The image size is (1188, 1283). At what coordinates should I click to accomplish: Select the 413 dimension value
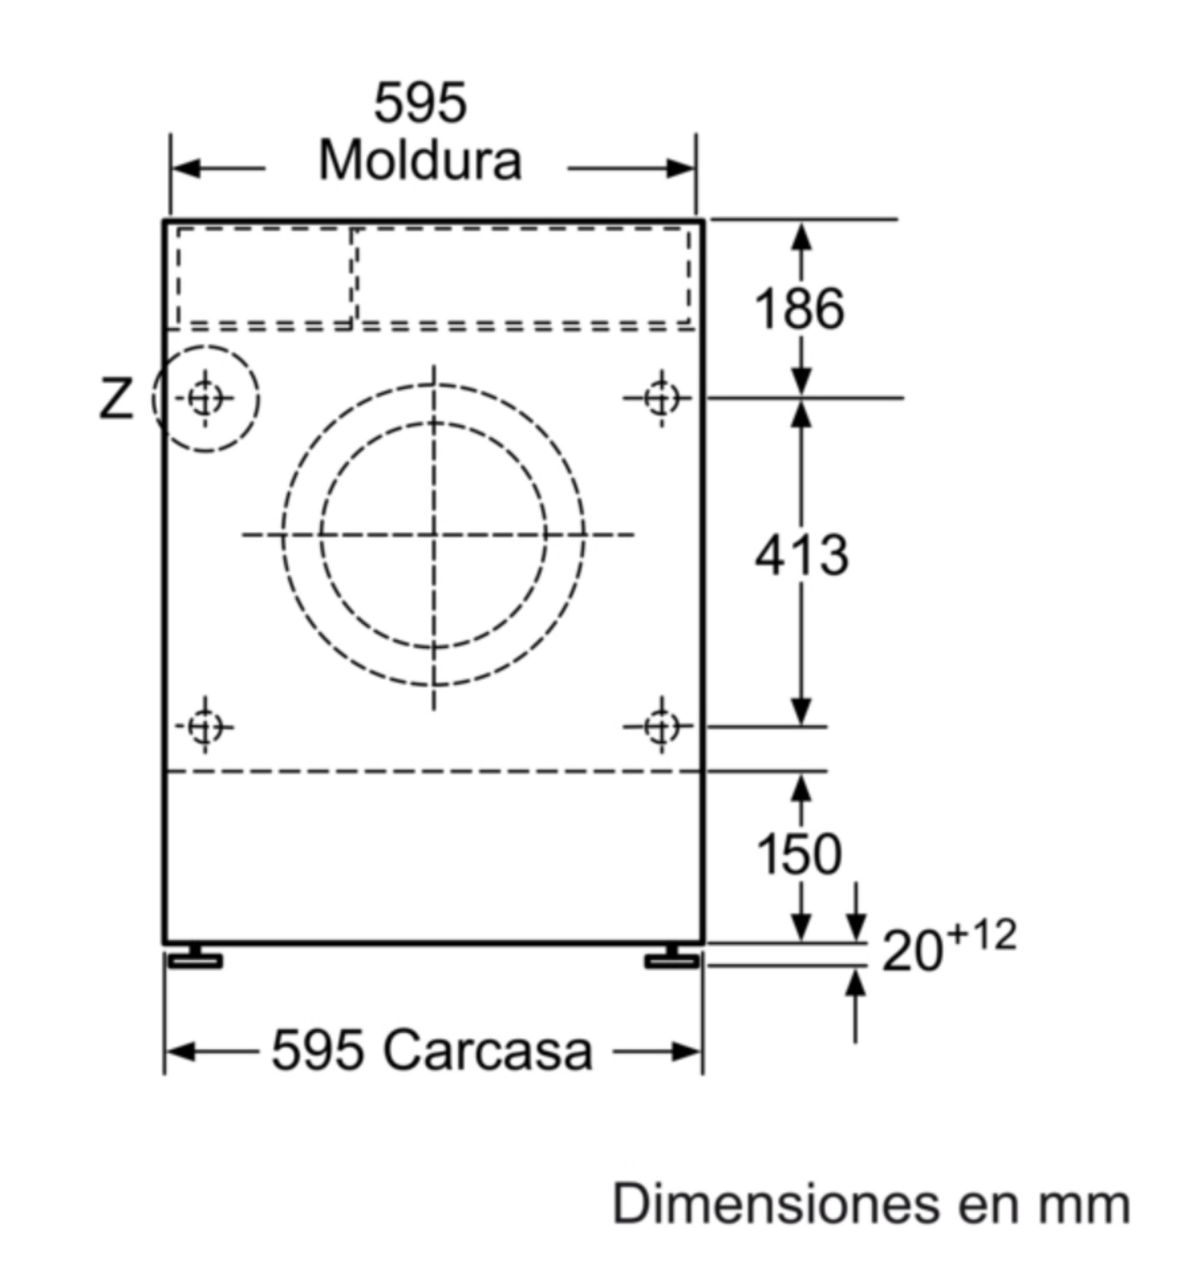[x=801, y=554]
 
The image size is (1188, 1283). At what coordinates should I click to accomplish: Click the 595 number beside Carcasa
[x=318, y=1051]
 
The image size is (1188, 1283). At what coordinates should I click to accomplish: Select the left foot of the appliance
[x=195, y=957]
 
